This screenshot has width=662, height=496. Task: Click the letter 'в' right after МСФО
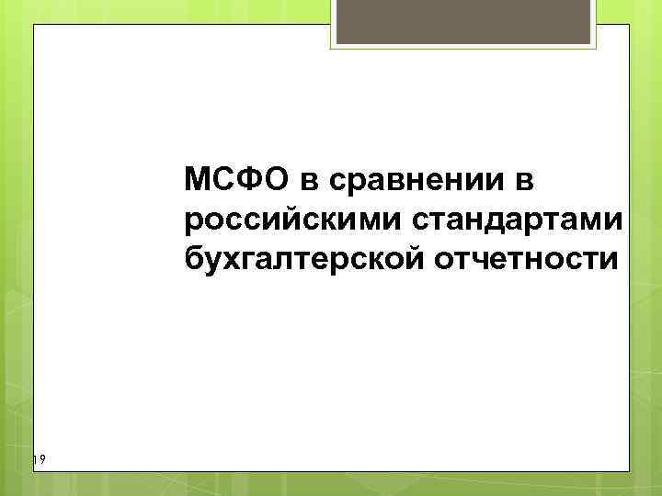coord(304,182)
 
